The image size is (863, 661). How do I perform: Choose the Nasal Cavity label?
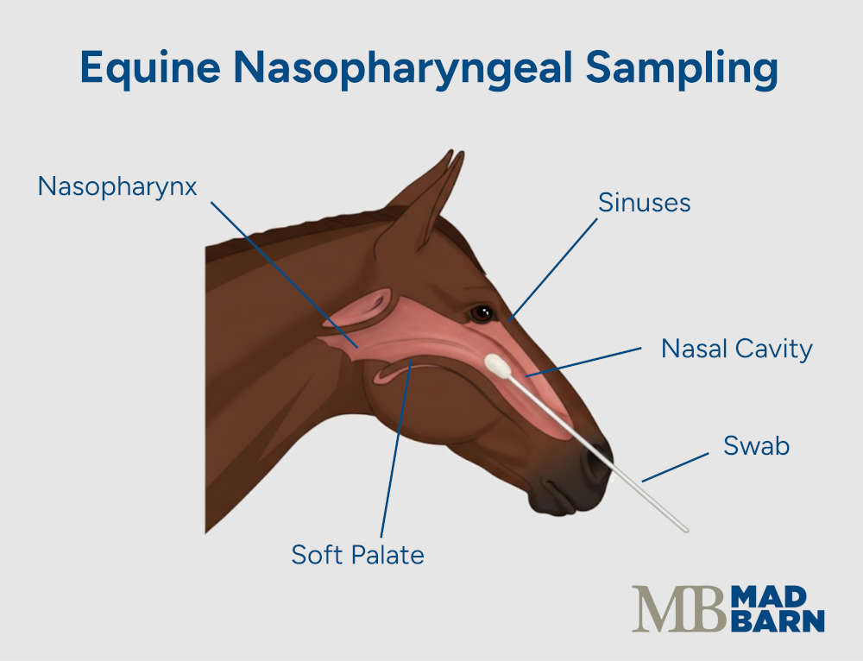(736, 349)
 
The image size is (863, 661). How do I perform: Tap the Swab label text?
(756, 447)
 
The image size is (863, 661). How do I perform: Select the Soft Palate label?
(357, 554)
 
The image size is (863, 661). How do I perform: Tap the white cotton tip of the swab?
(498, 366)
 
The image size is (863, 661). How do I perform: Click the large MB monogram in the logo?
(678, 609)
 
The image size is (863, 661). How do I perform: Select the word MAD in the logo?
(762, 595)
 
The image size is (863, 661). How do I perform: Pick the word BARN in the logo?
(776, 621)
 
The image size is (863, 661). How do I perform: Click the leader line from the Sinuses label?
(553, 268)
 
